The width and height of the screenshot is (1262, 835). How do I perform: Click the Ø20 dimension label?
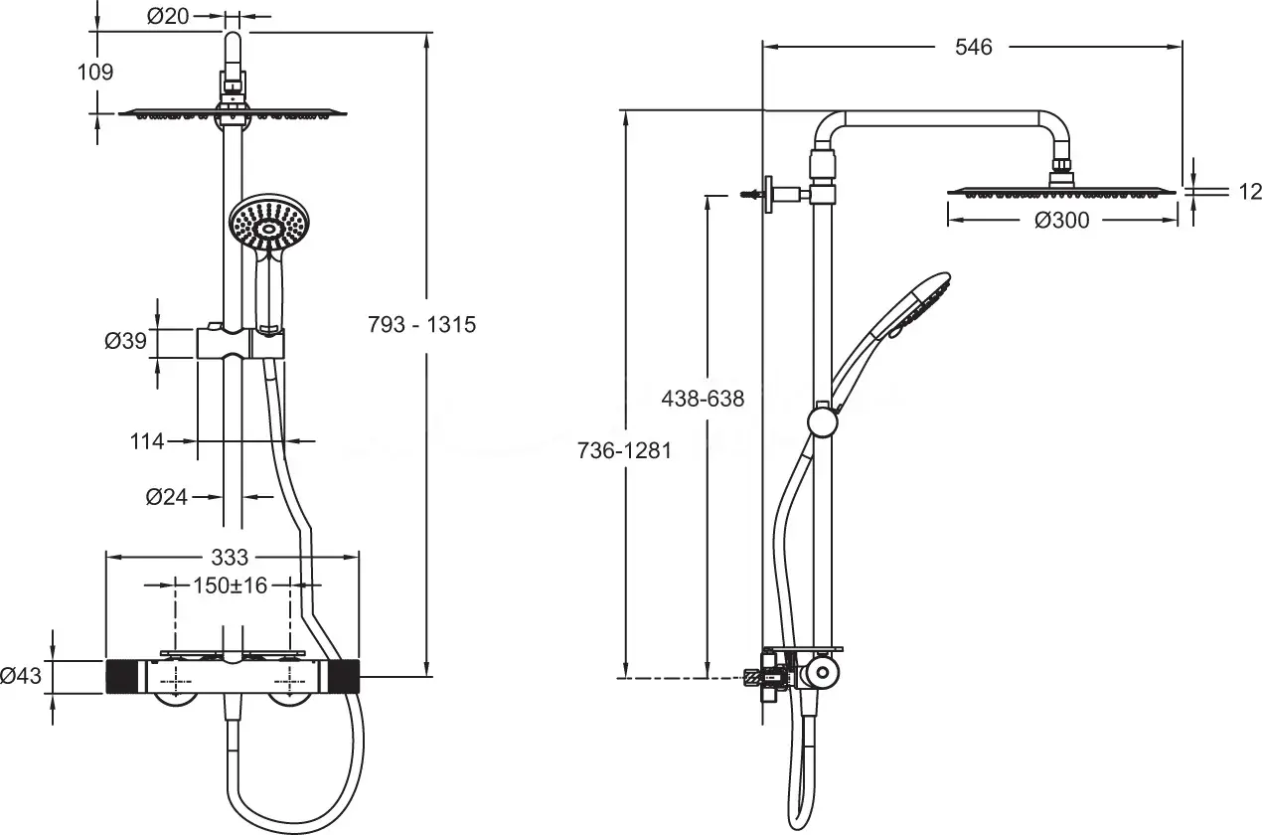(168, 16)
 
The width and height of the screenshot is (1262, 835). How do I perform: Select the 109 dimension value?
(95, 73)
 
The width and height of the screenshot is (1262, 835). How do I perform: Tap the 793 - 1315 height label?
(422, 324)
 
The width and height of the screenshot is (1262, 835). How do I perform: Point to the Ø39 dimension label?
(125, 340)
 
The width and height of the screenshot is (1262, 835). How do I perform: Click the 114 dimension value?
(147, 441)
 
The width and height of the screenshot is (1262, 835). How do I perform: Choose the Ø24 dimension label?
(167, 497)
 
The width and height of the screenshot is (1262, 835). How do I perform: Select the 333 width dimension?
(230, 558)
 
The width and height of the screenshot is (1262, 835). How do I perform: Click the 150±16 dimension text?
(230, 585)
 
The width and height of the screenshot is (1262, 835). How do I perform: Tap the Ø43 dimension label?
(21, 676)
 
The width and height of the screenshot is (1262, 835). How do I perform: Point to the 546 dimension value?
(974, 47)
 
